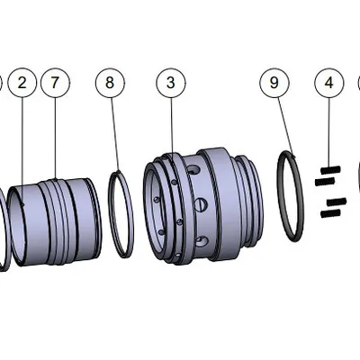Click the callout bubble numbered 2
click(x=22, y=83)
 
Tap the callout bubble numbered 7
click(x=55, y=83)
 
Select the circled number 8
click(x=110, y=83)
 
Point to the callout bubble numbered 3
click(x=170, y=83)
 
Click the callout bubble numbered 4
click(x=329, y=83)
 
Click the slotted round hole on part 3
click(x=200, y=205)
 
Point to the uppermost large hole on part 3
click(x=192, y=170)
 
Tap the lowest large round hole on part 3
click(x=201, y=240)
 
